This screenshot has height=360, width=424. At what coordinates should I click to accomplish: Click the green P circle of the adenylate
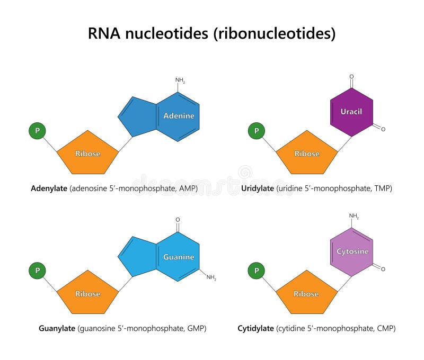pos(37,130)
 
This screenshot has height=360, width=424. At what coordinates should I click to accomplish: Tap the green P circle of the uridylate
pos(257,130)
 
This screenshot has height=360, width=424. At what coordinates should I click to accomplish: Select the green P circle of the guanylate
pos(37,271)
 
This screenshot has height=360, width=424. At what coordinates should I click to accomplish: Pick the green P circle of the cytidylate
pos(257,271)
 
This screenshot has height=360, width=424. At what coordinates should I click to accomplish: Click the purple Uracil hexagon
pos(351,112)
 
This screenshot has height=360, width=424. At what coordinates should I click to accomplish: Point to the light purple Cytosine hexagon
pos(351,252)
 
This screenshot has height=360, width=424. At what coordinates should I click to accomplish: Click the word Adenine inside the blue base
pos(179,116)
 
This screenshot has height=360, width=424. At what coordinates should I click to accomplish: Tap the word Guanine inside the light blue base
pos(179,257)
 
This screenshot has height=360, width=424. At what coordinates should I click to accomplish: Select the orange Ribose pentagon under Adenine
pos(87,153)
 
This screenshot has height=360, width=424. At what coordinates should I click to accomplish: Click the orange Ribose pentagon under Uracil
pos(307,153)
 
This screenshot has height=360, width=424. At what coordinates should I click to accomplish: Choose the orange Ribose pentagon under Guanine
pos(87,293)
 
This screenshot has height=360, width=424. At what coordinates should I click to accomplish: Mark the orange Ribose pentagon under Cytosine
pos(307,293)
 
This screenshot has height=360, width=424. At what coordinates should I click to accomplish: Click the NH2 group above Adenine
pos(181,80)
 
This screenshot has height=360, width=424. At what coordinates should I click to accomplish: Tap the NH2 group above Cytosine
pos(354,216)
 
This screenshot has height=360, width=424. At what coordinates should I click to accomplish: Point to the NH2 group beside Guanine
pos(211,277)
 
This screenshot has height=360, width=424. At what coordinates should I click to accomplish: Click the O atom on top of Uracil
pos(351,77)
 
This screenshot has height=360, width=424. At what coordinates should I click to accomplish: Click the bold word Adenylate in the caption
pos(49,188)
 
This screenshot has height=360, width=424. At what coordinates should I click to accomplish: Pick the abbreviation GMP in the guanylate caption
pos(195,328)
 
